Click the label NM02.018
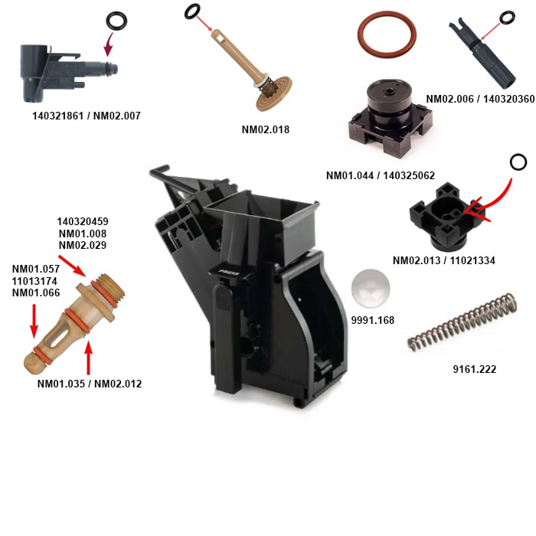[265, 129]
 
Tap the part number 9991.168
[373, 320]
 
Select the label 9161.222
[475, 369]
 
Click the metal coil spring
[462, 322]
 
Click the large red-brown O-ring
[387, 34]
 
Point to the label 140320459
[83, 221]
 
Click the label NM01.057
[36, 269]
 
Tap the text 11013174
[34, 281]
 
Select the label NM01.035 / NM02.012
[90, 384]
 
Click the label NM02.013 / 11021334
[444, 260]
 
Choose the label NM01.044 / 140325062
[381, 175]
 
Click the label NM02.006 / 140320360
[480, 99]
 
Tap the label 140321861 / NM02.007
[87, 116]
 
